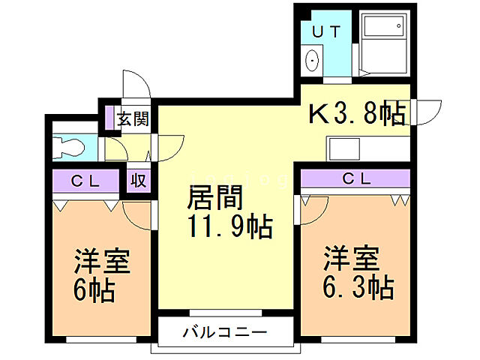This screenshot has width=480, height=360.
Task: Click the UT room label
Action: (326, 31)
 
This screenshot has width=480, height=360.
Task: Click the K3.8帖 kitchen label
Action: (358, 114)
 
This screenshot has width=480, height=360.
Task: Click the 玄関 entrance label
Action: (136, 118)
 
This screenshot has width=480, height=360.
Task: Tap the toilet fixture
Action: (70, 145)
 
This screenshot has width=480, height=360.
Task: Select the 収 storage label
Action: (139, 181)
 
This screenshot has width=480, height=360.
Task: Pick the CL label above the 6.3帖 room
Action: (356, 178)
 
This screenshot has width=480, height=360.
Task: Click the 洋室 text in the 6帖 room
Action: (102, 262)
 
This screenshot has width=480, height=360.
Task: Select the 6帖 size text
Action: (94, 289)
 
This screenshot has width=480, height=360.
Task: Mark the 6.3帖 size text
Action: (358, 286)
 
